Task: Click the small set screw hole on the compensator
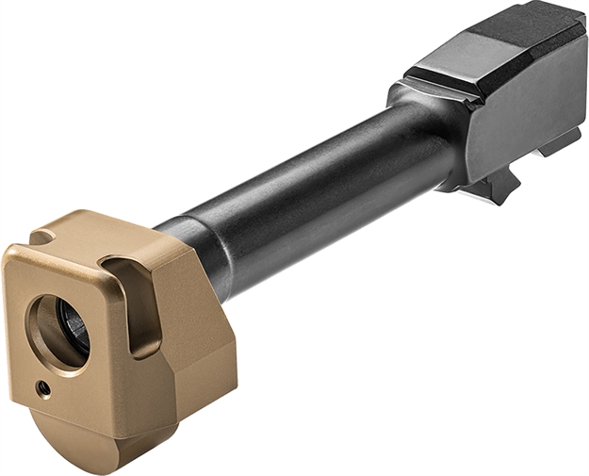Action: point(41,386)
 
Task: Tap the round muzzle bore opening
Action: point(58,333)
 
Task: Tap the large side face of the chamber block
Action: point(528,113)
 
